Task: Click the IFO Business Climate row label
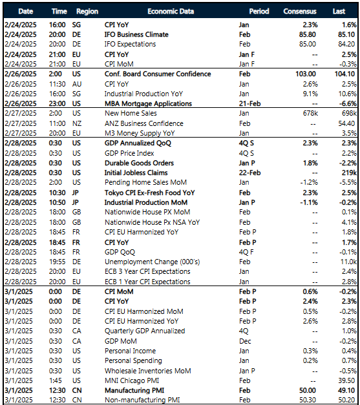point(136,34)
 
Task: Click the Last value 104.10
point(343,74)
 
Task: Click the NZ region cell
point(81,123)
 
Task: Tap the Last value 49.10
point(345,391)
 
